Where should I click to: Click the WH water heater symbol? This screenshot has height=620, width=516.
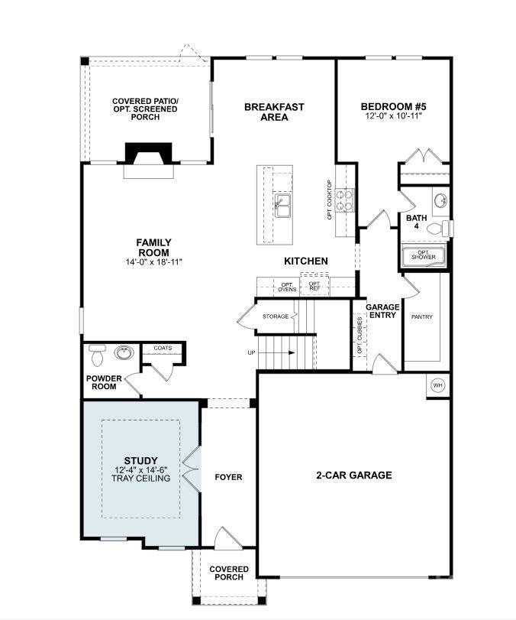pos(438,385)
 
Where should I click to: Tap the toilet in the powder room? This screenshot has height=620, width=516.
pos(95,355)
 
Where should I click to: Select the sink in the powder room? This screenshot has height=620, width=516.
pos(122,353)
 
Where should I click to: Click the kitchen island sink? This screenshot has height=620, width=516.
pos(282,205)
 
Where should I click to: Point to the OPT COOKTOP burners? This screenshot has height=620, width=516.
pos(346,200)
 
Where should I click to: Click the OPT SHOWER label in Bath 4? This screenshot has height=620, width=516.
pos(424,255)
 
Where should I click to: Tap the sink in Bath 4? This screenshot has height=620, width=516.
pos(441,202)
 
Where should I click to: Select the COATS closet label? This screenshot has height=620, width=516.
pos(163,348)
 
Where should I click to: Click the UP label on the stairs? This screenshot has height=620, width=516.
pos(252,352)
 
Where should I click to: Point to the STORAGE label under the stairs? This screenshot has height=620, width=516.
pos(276,316)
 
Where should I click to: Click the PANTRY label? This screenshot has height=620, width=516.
pos(422,316)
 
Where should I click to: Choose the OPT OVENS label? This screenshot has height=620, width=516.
pos(288,287)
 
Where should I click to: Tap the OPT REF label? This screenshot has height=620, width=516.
pos(314,286)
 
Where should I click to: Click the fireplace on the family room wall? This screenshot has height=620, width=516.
pos(149,157)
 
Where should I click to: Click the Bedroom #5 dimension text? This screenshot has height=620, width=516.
pos(393,116)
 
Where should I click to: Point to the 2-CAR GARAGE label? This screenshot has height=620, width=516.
pos(353,476)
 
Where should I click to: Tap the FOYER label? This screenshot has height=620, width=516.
pos(228,477)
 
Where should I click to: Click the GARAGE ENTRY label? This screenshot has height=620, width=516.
pos(382,310)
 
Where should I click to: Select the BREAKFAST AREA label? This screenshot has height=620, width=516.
pos(274,112)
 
